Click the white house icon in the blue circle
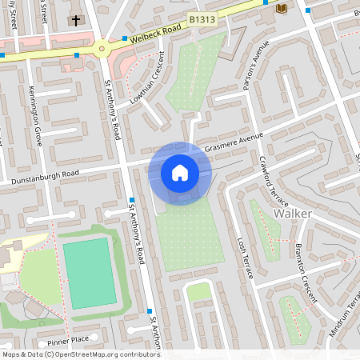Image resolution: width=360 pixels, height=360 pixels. coord(180,173)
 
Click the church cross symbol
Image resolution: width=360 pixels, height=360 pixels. coord(76,19)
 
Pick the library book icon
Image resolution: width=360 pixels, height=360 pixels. coord(281,7)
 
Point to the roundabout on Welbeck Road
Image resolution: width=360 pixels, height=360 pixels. coord(103,48)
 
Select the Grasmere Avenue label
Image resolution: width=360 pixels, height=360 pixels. coord(234,142)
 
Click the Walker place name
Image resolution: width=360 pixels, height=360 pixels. coord(292,214)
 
